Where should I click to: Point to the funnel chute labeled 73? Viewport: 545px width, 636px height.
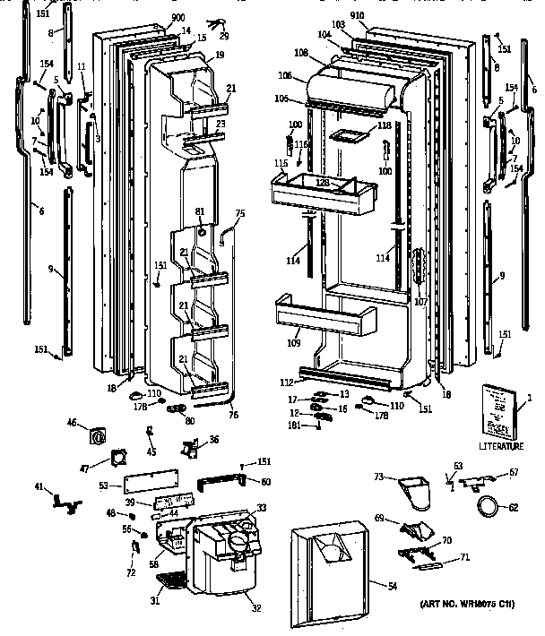click(412, 490)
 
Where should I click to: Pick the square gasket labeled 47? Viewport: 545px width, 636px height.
click(115, 460)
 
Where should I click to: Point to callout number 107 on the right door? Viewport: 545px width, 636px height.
click(420, 301)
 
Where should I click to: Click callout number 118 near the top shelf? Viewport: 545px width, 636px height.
click(384, 126)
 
